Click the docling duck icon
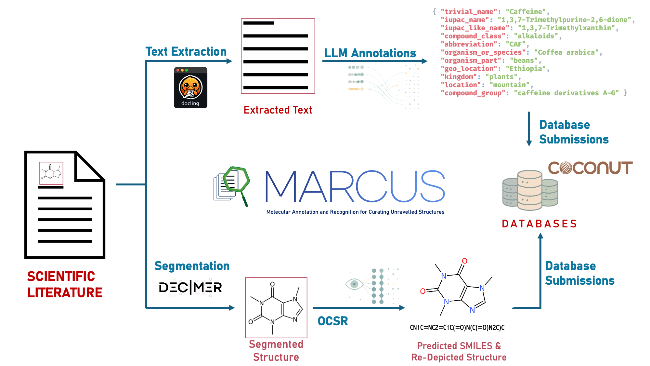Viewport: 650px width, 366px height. tap(190, 88)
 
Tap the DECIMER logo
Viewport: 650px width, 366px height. tap(190, 287)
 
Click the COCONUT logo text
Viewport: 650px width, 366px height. tap(590, 168)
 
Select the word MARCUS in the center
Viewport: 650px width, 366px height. tap(355, 186)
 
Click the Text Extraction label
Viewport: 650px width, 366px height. tap(186, 52)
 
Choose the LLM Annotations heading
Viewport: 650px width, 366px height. tap(370, 53)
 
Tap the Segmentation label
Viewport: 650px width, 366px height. tap(192, 266)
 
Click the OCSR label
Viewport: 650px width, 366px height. tap(333, 321)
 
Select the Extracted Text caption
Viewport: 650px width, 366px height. tap(278, 110)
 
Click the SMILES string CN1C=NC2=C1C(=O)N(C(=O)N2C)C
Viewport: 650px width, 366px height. tap(457, 328)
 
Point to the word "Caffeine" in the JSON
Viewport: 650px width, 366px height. tap(526, 12)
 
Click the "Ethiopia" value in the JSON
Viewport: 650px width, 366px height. tap(526, 69)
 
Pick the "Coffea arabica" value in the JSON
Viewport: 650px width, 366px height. tap(566, 52)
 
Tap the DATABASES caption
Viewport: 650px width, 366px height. tap(539, 224)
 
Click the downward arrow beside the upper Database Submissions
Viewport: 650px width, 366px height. tap(529, 129)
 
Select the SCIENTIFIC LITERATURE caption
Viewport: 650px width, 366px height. tap(65, 284)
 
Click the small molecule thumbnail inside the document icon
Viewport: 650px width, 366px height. tap(51, 173)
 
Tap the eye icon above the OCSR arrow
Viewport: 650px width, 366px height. tap(354, 284)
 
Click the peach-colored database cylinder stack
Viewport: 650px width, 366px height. tap(530, 190)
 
